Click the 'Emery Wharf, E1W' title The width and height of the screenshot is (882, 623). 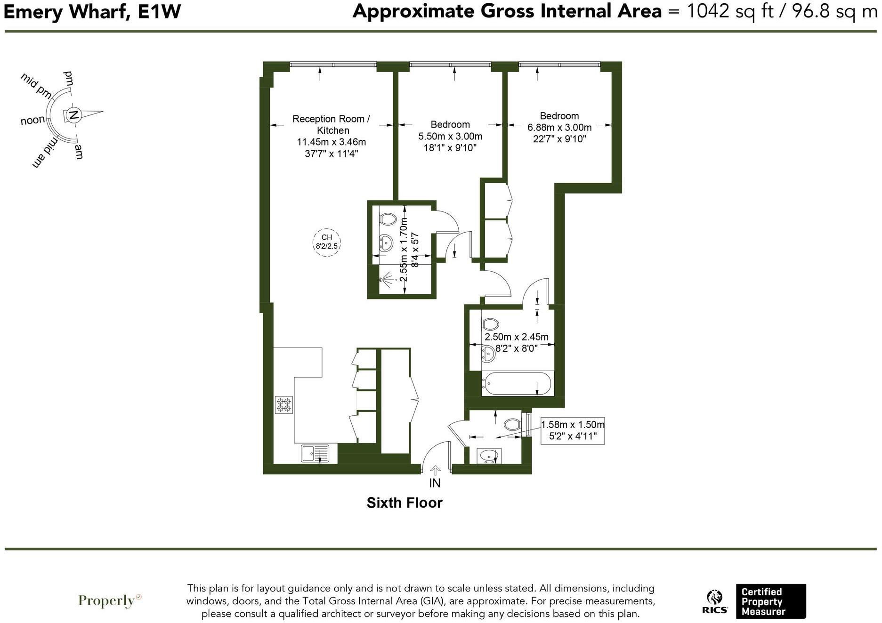(x=92, y=11)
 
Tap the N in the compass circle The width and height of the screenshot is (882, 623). (x=73, y=114)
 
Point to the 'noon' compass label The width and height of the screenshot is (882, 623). (x=32, y=121)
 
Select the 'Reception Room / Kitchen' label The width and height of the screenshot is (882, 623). (x=331, y=124)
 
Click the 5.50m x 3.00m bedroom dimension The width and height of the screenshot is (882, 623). (x=450, y=137)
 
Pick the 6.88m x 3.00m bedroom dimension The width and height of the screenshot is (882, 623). (x=559, y=127)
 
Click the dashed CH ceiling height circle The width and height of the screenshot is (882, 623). (x=327, y=242)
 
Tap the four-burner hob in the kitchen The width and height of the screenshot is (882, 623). (x=284, y=405)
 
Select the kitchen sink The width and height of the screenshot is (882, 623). (x=316, y=453)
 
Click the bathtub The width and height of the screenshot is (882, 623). (x=517, y=383)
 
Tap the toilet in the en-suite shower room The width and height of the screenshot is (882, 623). (x=388, y=218)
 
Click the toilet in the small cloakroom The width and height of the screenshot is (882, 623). (x=512, y=424)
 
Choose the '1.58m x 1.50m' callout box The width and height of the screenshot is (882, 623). (x=573, y=430)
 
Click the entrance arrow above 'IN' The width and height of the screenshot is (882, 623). (x=435, y=469)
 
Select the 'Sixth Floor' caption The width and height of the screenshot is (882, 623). (x=405, y=503)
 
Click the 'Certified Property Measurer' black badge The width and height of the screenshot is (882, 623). (x=770, y=601)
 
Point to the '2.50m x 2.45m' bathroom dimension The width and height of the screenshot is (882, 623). (x=517, y=337)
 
